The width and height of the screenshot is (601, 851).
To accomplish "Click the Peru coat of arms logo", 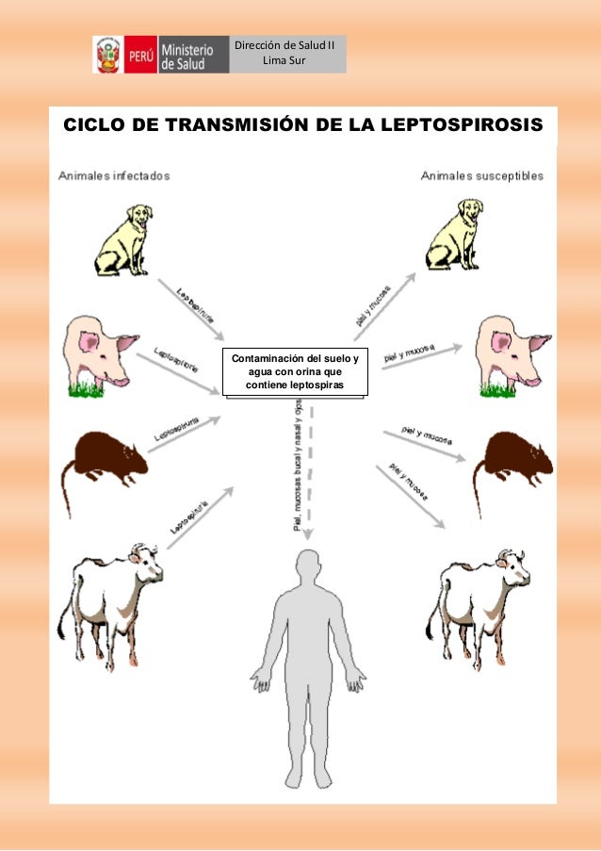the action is point(106,55).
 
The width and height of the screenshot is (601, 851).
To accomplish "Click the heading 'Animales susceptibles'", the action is point(482,175).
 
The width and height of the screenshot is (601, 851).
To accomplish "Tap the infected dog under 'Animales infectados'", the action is point(123,239).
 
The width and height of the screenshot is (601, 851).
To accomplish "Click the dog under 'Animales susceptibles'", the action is point(458,239).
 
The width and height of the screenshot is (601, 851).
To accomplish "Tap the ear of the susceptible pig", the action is point(538,341).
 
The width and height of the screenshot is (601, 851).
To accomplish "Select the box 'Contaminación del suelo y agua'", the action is point(295,372).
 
